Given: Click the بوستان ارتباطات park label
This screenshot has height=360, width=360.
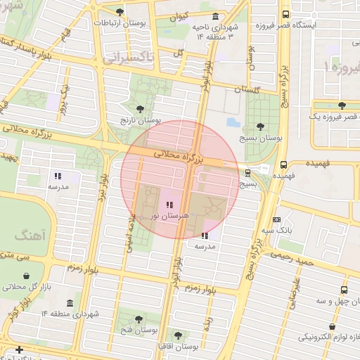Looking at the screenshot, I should [x=120, y=23].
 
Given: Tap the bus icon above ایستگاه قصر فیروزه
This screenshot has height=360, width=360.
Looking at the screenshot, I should [x=285, y=13].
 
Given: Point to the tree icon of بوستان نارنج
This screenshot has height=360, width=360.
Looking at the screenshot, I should [x=141, y=109].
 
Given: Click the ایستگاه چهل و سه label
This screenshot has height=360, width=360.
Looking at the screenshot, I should [x=336, y=301].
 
